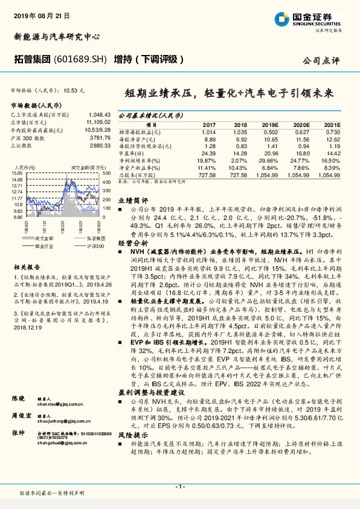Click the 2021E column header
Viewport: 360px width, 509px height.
tap(333, 123)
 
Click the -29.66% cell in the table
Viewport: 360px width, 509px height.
tap(269, 161)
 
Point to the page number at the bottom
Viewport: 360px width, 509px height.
tap(179, 487)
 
